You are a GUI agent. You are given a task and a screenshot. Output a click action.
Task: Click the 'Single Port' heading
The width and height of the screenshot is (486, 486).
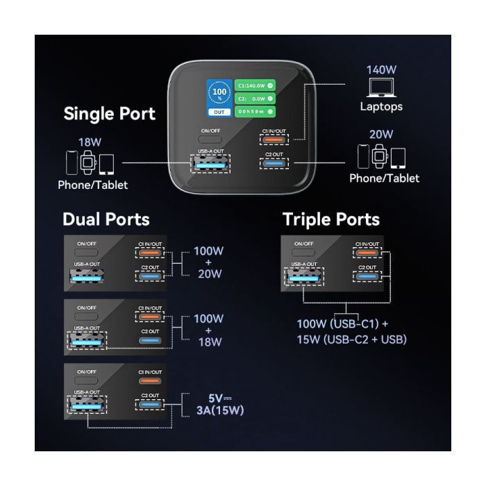pyautogui.click(x=109, y=114)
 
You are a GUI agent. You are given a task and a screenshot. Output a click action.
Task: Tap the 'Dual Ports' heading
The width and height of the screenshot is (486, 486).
pyautogui.click(x=106, y=219)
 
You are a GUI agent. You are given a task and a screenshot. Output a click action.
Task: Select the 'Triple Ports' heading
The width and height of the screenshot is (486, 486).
pyautogui.click(x=330, y=219)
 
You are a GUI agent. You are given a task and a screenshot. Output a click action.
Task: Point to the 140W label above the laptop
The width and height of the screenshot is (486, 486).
pyautogui.click(x=381, y=69)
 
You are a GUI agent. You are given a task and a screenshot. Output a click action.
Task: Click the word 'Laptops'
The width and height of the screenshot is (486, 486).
pyautogui.click(x=380, y=106)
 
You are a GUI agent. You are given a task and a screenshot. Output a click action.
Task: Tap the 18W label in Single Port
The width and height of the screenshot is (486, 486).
pyautogui.click(x=90, y=142)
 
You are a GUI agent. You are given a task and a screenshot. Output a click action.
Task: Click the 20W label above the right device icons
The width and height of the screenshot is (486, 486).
pyautogui.click(x=381, y=134)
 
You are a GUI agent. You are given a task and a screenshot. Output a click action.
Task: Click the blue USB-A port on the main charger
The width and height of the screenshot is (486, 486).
pyautogui.click(x=211, y=165)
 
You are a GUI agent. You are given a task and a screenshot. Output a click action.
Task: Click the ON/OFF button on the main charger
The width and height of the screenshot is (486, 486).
pyautogui.click(x=211, y=142)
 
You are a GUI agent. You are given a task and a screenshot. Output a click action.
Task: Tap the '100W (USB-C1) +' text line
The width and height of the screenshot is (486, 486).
pyautogui.click(x=342, y=324)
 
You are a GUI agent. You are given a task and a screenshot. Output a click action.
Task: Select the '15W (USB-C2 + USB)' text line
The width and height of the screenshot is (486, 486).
pyautogui.click(x=351, y=340)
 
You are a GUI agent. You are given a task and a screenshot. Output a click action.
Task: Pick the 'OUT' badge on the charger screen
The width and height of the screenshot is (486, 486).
pyautogui.click(x=219, y=111)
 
